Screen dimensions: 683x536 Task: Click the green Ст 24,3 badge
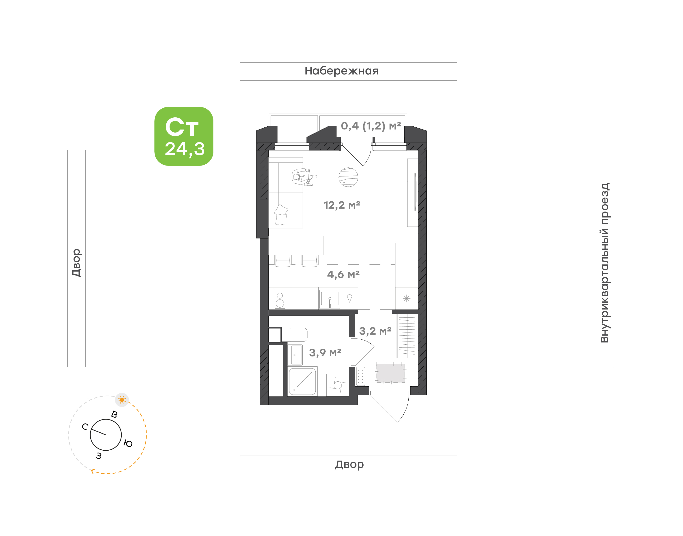pyautogui.click(x=184, y=136)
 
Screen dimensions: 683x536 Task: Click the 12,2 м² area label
pyautogui.click(x=342, y=205)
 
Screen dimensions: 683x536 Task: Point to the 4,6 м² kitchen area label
pyautogui.click(x=343, y=275)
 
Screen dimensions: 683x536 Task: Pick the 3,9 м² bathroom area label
pyautogui.click(x=325, y=353)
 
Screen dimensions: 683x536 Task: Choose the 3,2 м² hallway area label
pyautogui.click(x=375, y=331)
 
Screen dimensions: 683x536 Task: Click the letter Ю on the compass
pyautogui.click(x=128, y=444)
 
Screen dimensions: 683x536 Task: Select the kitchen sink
pyautogui.click(x=329, y=298)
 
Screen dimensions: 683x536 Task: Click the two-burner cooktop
pyautogui.click(x=280, y=299)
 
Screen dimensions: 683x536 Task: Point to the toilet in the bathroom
pyautogui.click(x=294, y=335)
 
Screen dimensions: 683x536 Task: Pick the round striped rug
pyautogui.click(x=348, y=177)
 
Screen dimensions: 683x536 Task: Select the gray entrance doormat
pyautogui.click(x=391, y=373)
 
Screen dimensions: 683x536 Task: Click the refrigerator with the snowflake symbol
pyautogui.click(x=406, y=298)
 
